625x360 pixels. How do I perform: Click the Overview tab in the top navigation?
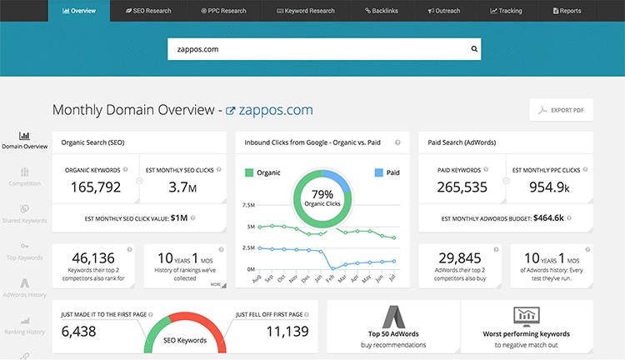[78, 11]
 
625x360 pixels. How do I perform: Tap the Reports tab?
[567, 11]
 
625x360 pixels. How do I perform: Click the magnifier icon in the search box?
[475, 49]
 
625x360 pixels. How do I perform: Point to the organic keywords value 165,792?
[94, 187]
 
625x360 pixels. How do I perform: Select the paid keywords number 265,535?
[462, 187]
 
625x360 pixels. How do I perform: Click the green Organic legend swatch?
[248, 173]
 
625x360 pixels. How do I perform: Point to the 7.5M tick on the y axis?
[247, 205]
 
